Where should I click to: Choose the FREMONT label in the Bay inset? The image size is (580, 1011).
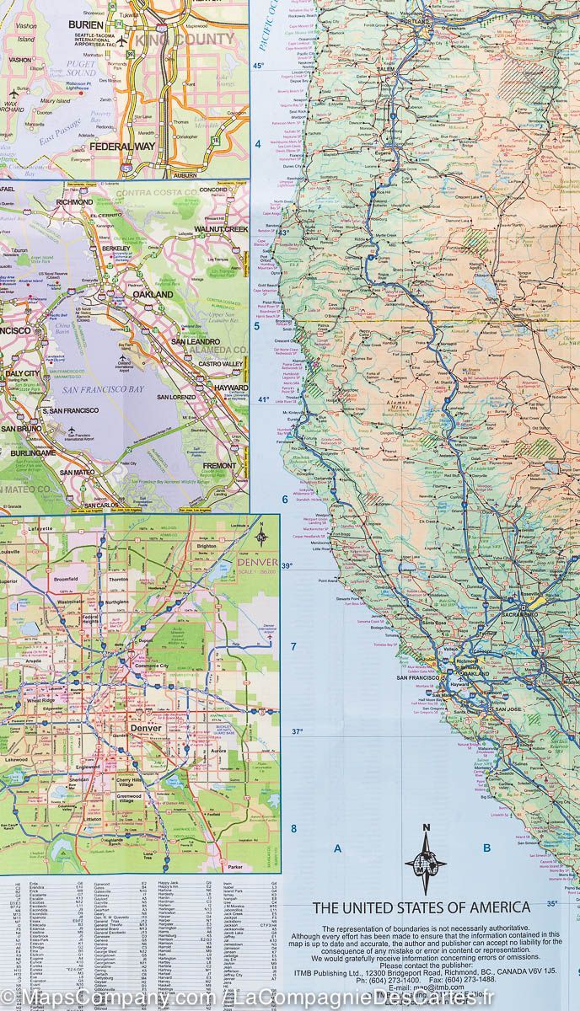219,465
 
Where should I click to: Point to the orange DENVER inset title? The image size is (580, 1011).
256,563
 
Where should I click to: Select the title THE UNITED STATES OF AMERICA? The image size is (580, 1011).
422,907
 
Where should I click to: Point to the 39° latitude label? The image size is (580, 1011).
287,565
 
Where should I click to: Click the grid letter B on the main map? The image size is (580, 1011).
486,848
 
